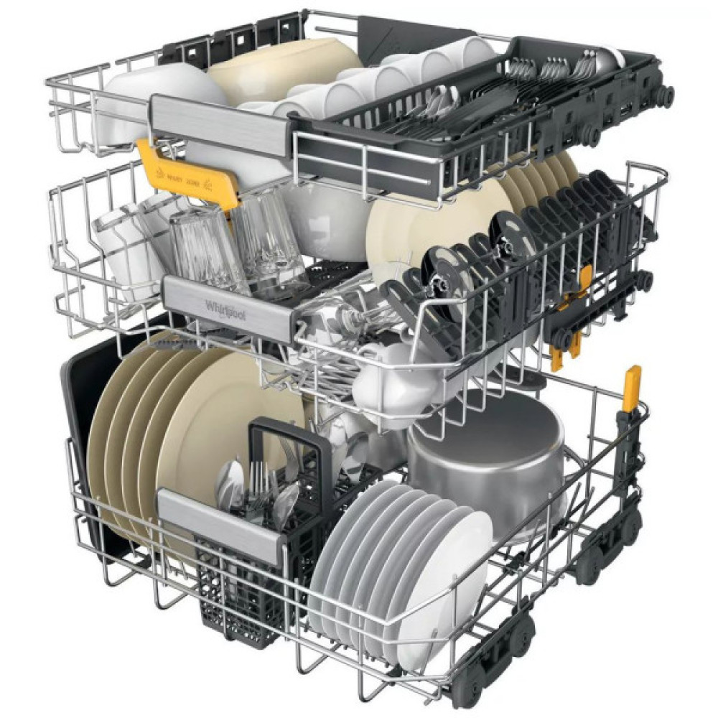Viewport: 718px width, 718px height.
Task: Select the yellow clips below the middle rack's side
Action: coord(567,345)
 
